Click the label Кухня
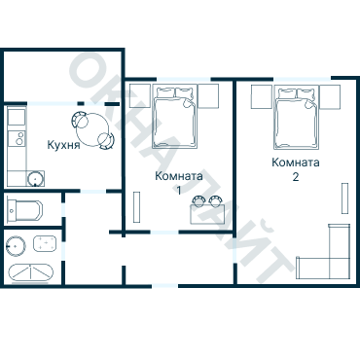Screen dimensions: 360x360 63,145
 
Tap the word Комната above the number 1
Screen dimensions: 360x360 179,176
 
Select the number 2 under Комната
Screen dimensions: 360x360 296,177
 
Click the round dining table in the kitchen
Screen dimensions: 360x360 92,129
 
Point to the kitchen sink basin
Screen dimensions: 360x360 35,178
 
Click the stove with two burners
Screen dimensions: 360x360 17,138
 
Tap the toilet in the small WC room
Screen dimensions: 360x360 24,209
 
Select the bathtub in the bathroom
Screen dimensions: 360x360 31,272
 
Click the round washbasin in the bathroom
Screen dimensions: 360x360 16,246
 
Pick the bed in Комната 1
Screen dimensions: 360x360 175,117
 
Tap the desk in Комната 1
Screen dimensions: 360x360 206,214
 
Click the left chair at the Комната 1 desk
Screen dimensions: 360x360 198,200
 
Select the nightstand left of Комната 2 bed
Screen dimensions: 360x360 262,96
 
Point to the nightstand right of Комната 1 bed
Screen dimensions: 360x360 208,96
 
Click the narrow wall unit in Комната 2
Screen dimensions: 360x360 344,198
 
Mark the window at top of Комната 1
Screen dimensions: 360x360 184,79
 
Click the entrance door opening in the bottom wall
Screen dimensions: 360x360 164,286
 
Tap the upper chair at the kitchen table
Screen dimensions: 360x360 80,120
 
